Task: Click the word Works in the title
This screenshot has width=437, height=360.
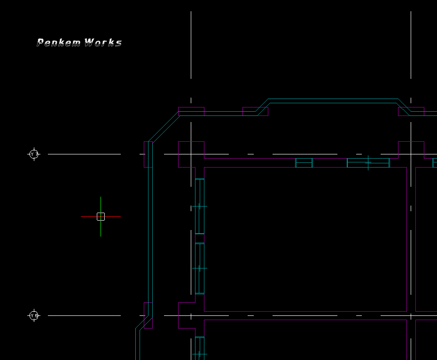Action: (x=103, y=43)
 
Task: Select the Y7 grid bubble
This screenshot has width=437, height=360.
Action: (x=34, y=154)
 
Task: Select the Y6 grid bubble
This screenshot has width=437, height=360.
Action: (x=34, y=315)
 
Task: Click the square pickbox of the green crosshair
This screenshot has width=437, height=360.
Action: (x=101, y=216)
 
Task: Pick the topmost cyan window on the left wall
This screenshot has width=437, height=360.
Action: (x=200, y=206)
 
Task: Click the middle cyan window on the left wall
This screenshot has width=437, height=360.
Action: (x=200, y=268)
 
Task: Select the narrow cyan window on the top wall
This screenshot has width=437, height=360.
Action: (x=304, y=163)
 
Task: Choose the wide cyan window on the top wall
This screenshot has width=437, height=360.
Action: (x=368, y=163)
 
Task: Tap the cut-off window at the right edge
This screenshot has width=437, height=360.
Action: (x=435, y=163)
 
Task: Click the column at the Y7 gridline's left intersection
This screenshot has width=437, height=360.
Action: (x=191, y=154)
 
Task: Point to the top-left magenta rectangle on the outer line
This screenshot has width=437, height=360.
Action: (x=191, y=111)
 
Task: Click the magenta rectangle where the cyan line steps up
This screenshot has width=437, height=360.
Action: (x=255, y=111)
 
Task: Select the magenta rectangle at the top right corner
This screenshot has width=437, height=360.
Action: (x=411, y=111)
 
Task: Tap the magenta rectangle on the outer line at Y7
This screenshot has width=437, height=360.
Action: (x=148, y=154)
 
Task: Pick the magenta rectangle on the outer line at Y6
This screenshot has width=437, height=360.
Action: (x=148, y=315)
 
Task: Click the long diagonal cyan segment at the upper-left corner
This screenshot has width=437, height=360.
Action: (x=164, y=126)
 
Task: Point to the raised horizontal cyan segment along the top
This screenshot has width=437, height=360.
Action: (x=333, y=99)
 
